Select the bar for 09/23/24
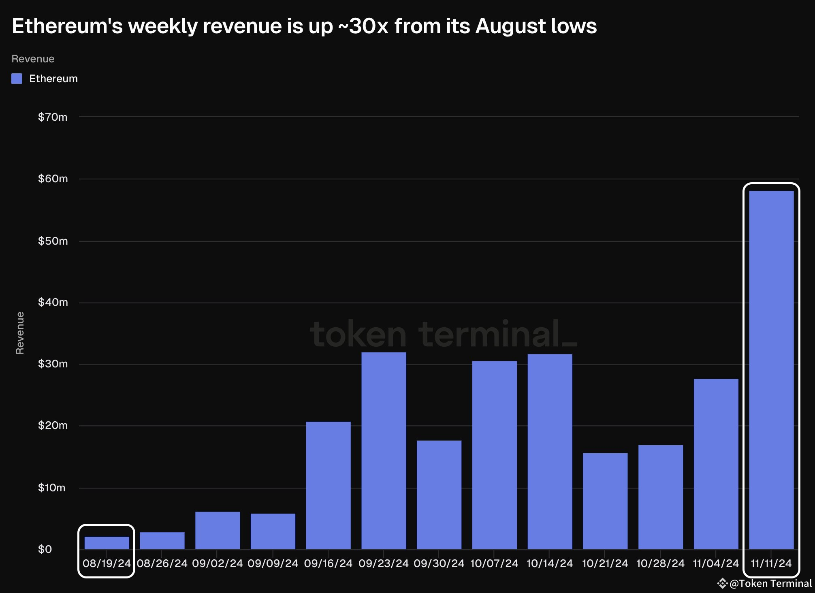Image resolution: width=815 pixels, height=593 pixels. tap(384, 450)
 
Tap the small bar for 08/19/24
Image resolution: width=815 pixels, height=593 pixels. tap(107, 543)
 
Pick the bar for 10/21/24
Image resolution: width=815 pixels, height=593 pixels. tap(605, 501)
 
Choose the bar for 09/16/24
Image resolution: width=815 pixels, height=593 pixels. tap(328, 485)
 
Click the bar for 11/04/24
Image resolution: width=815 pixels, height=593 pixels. tap(716, 464)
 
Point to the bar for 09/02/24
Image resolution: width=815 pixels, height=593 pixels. tap(218, 530)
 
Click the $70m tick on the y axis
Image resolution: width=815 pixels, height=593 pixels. tap(53, 117)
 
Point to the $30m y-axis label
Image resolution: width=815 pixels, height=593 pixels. tap(53, 364)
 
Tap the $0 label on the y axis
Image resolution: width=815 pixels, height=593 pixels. tap(45, 549)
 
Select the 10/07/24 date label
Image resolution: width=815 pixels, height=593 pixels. tap(494, 563)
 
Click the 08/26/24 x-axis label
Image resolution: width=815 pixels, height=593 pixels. tap(162, 563)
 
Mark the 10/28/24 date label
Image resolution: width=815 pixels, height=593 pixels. tap(660, 563)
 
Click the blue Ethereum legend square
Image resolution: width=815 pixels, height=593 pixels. tap(17, 79)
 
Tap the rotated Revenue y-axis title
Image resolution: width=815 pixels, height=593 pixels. tap(20, 333)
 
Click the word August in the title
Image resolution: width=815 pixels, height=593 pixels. tap(505, 26)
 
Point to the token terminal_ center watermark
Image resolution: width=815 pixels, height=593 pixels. tap(443, 334)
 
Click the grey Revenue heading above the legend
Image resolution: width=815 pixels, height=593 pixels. tap(33, 59)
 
